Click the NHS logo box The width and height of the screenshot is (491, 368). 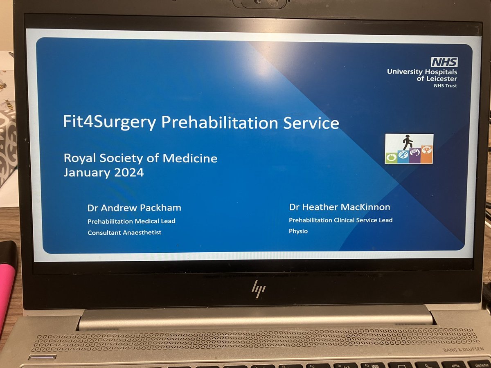tap(444, 62)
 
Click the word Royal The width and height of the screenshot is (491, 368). tap(81, 158)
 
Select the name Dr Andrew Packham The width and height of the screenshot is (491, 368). tap(134, 208)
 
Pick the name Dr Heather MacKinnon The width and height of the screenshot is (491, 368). tap(340, 207)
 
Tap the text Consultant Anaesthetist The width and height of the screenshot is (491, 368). tap(125, 232)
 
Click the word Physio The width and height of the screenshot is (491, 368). tap(298, 231)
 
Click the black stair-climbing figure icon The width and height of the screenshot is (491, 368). tap(408, 142)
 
